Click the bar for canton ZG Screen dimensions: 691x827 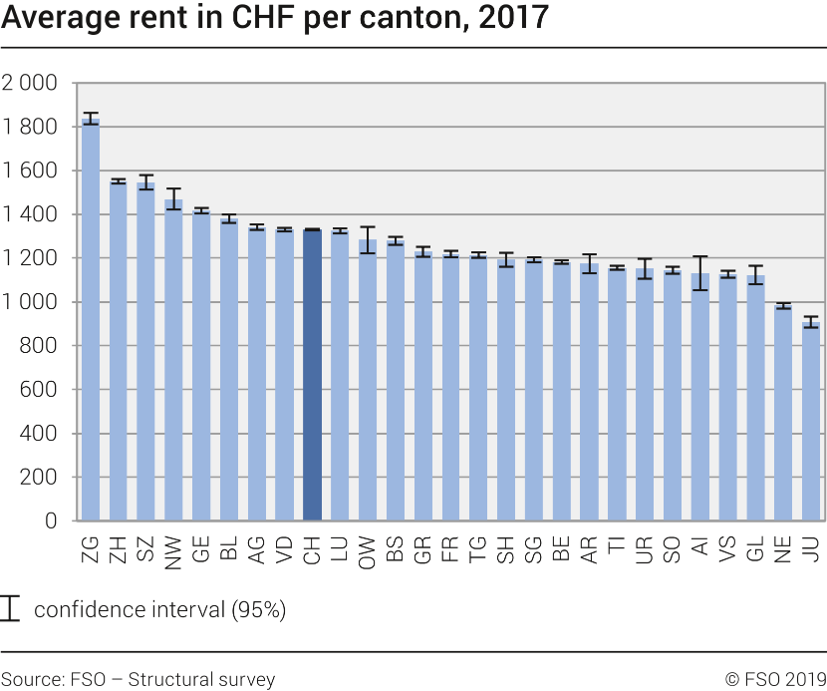(91, 319)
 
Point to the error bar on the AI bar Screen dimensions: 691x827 (700, 272)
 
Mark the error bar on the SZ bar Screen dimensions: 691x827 (145, 181)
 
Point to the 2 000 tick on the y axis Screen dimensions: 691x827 (30, 83)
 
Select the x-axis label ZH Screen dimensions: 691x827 (119, 548)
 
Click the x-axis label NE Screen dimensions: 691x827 (784, 548)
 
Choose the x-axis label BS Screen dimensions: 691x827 (396, 548)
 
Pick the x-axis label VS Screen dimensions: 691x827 (728, 548)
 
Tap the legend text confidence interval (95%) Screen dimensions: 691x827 (159, 610)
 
